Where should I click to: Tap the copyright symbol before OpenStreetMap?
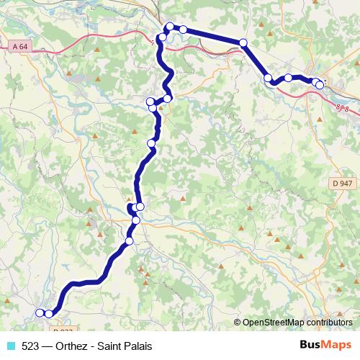(x=238, y=322)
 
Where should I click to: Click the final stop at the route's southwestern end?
(x=39, y=312)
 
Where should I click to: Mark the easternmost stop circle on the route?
(x=320, y=85)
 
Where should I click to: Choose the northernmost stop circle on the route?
(x=170, y=27)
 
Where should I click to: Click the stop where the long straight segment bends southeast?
(x=243, y=43)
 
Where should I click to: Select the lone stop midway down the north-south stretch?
(x=151, y=144)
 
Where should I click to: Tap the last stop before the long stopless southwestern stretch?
(x=129, y=240)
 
